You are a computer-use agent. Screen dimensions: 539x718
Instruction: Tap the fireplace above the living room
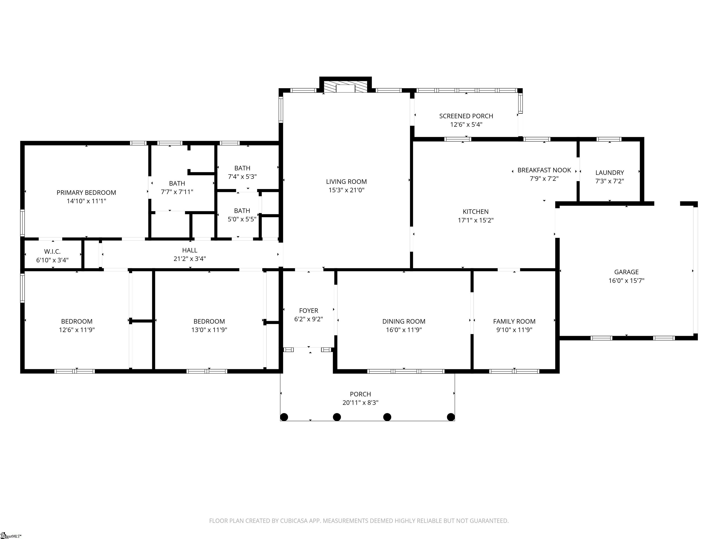pos(345,87)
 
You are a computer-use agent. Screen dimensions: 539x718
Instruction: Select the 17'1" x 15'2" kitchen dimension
pos(476,220)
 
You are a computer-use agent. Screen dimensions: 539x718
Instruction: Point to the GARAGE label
pos(626,272)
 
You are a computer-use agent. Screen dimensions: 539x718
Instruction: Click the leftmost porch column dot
pos(284,417)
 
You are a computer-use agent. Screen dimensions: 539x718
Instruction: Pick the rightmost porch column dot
pos(451,417)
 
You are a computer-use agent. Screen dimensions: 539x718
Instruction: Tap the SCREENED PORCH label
pos(466,116)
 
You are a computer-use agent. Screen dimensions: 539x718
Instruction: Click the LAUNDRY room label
pos(609,172)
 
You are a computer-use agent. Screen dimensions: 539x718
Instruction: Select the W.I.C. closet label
pos(52,251)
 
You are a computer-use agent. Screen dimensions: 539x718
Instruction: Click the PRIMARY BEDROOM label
pos(86,193)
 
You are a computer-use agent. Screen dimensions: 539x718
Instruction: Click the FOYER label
pos(308,311)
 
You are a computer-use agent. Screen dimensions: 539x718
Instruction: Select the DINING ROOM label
pos(403,321)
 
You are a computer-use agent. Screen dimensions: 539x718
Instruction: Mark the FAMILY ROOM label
pos(514,321)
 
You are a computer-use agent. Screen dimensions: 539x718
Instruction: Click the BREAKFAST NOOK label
pos(544,170)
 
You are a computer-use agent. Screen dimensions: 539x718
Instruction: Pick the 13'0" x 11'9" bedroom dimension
pos(209,330)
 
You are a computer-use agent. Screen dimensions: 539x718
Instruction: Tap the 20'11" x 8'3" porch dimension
pos(360,403)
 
